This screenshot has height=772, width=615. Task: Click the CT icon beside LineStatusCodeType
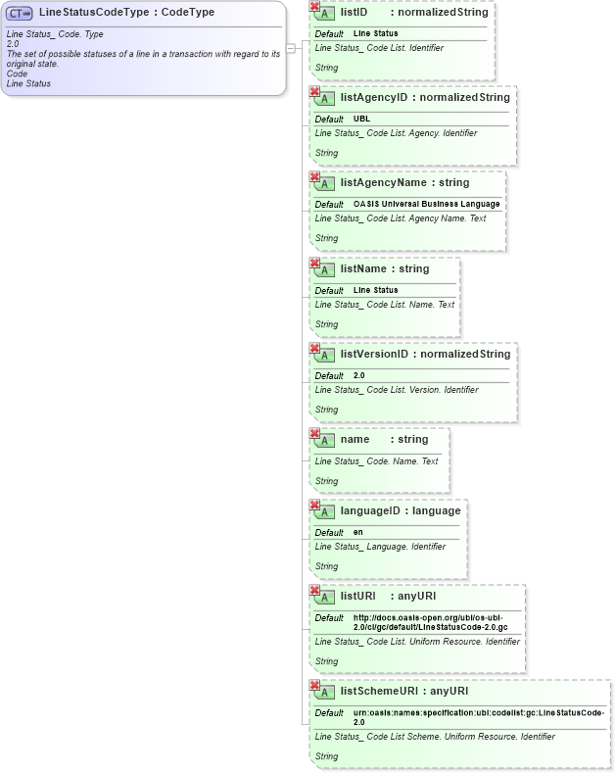[20, 14]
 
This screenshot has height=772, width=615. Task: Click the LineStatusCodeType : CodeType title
[126, 13]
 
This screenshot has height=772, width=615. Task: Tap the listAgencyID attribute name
[373, 98]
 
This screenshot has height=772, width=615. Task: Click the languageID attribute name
[370, 510]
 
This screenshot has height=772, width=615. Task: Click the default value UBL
[361, 119]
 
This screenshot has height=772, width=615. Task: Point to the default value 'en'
[358, 532]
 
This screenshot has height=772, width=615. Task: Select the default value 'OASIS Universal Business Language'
[426, 204]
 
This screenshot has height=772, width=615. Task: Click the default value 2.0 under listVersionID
[358, 375]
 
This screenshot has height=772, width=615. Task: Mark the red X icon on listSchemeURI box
[314, 685]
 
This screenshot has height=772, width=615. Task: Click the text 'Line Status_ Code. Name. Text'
[376, 460]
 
